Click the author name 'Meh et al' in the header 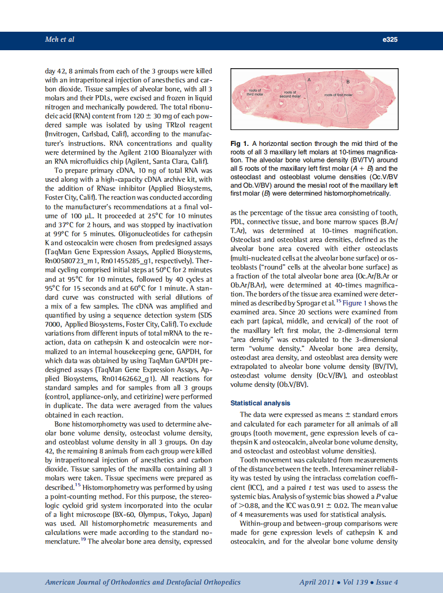coord(59,40)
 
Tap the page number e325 coord(389,40)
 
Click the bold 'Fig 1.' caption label coord(239,144)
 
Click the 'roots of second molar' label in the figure coord(290,95)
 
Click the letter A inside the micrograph coord(309,78)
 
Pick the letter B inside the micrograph coord(347,82)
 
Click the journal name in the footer coord(143,582)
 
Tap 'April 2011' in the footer coord(316,582)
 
